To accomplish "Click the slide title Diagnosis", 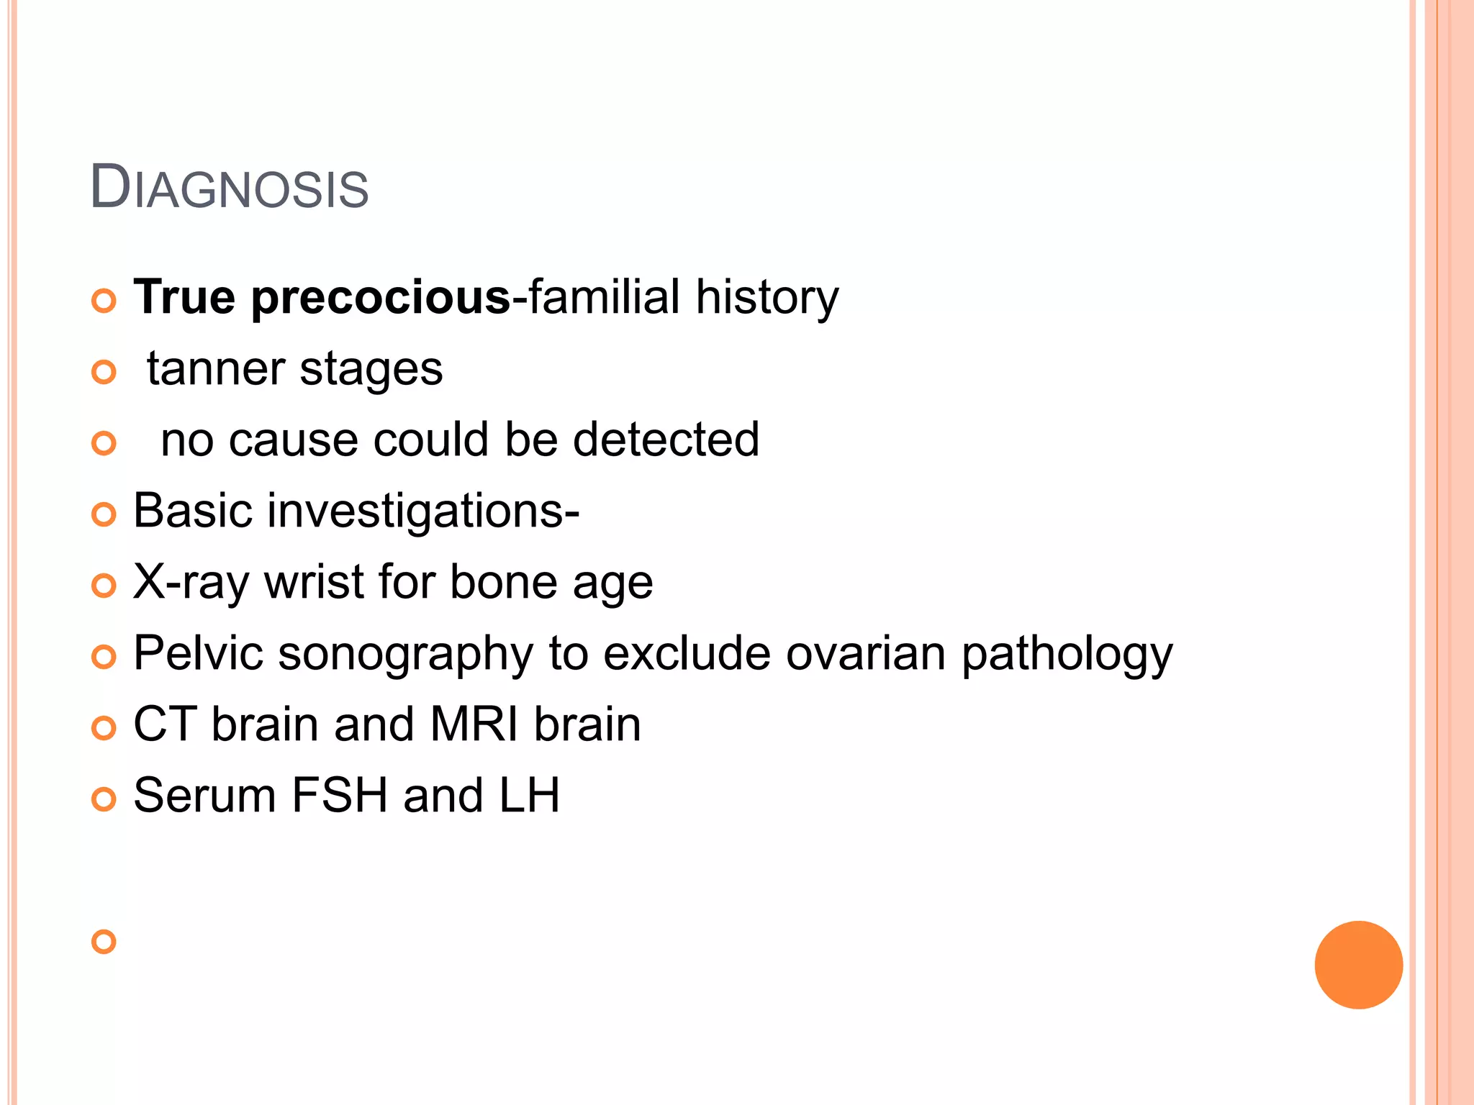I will pos(229,188).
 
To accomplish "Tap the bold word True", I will pos(184,296).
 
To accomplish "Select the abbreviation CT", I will pos(165,724).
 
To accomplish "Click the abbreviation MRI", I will pos(474,724).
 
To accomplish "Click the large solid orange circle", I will pos(1358,965).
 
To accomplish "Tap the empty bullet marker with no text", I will pos(104,942).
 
